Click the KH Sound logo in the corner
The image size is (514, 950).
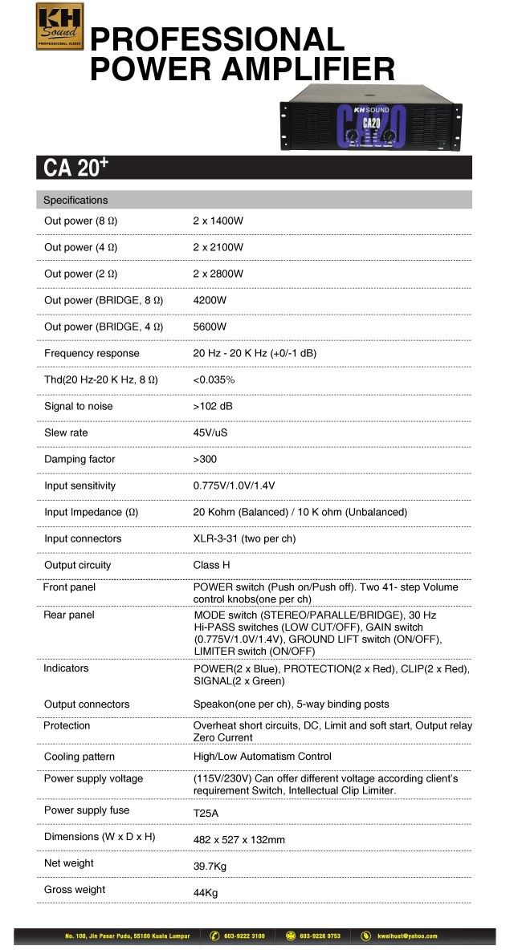[59, 26]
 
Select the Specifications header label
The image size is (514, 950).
[75, 200]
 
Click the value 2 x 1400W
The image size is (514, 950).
[218, 221]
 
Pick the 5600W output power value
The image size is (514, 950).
[210, 327]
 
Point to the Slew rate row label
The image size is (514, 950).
[66, 432]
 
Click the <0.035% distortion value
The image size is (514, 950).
[214, 380]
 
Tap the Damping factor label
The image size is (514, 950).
[80, 459]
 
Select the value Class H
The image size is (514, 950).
[212, 565]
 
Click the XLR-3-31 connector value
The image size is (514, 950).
[244, 538]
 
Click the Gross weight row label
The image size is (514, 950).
[75, 889]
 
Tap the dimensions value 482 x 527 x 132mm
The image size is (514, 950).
[239, 839]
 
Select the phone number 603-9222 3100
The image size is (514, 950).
[244, 936]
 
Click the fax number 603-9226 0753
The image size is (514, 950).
[320, 936]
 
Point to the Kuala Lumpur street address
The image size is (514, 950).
[127, 936]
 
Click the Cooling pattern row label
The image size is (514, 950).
[80, 757]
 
